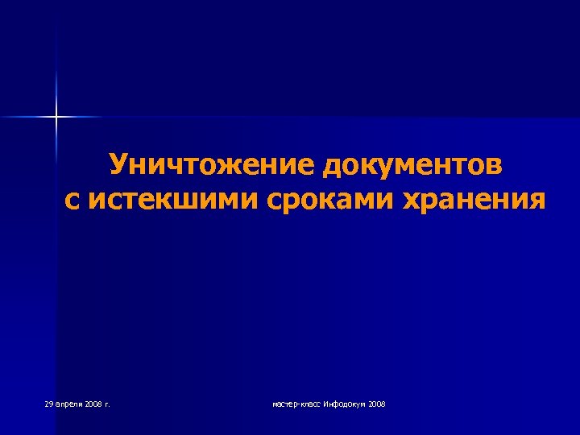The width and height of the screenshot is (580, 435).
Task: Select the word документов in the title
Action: [413, 165]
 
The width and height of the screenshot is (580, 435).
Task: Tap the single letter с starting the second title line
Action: [72, 199]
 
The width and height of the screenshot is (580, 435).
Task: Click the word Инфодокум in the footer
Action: [343, 403]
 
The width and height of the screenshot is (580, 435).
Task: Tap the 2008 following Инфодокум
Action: [376, 403]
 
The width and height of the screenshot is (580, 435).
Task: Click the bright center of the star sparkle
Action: [56, 118]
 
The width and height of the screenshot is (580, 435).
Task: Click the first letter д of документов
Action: [332, 165]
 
